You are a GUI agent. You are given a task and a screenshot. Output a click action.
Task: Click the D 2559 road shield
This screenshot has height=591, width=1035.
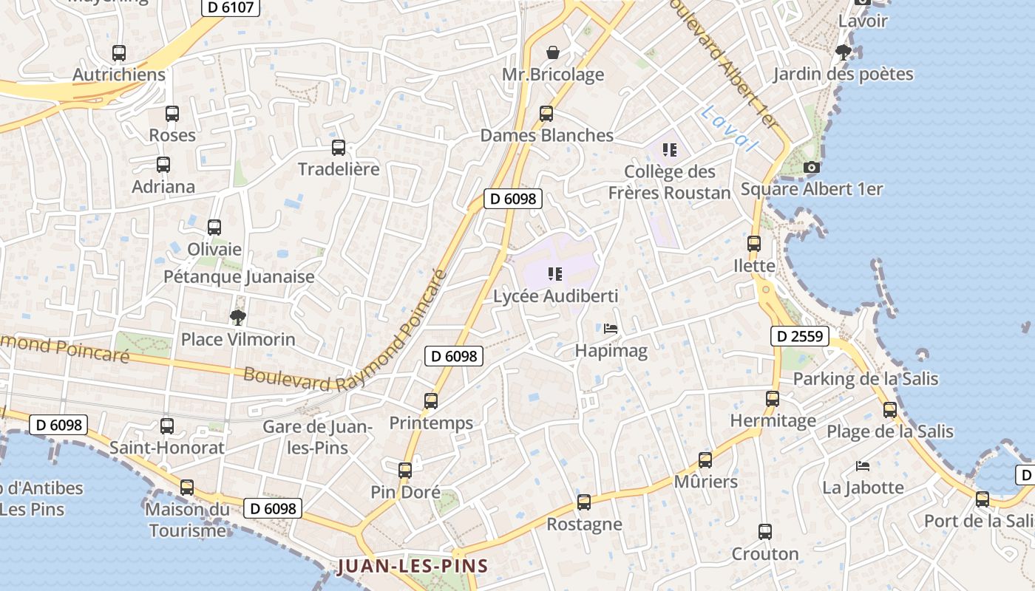799,336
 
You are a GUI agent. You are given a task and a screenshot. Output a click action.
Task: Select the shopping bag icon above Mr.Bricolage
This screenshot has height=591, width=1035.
552,52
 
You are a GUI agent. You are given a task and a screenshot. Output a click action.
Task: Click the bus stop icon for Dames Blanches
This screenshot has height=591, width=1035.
546,114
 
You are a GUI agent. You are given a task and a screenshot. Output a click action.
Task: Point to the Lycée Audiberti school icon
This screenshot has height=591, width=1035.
555,275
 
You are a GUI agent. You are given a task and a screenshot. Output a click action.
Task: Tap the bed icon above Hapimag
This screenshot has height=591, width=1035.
611,329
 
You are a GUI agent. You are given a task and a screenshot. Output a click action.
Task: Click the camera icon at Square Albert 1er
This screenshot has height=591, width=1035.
812,168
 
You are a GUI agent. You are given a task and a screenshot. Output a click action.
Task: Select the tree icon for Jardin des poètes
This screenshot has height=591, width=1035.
843,52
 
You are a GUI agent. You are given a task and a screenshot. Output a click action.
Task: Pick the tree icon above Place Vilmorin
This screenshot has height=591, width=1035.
237,318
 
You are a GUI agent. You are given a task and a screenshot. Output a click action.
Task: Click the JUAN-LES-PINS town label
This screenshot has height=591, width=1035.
413,567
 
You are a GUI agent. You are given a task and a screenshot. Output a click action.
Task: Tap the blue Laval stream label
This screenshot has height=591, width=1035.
729,129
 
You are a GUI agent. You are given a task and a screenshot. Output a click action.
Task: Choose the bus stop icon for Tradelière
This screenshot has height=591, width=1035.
339,148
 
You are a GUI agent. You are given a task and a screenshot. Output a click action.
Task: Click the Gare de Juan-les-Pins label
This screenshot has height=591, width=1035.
316,437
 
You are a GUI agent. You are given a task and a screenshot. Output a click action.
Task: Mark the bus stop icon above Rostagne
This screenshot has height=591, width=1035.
584,502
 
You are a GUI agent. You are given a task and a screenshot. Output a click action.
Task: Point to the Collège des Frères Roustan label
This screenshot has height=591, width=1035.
669,182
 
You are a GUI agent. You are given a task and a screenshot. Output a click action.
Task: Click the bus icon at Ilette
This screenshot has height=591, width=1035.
754,244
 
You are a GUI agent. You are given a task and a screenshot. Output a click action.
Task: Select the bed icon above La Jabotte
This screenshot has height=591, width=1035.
863,466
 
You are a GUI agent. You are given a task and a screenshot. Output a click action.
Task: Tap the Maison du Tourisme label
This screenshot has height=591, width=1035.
187,519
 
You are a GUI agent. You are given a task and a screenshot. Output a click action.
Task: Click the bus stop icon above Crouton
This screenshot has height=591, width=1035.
765,532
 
